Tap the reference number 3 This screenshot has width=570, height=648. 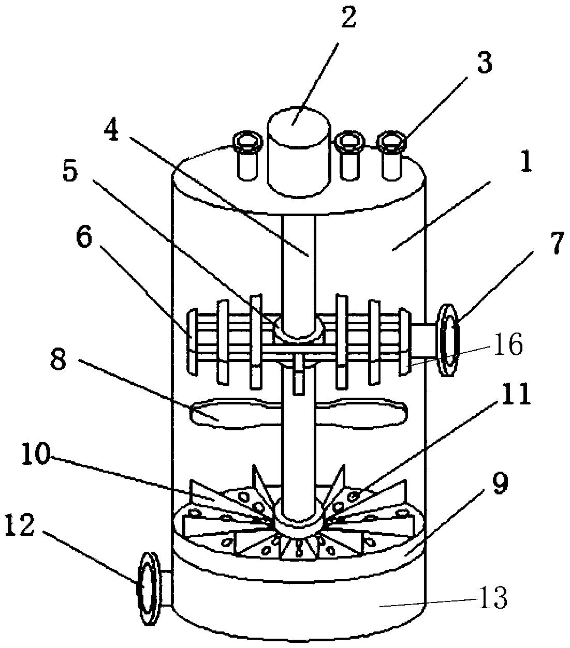484,64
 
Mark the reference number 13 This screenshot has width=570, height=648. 493,597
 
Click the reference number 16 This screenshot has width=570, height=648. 508,345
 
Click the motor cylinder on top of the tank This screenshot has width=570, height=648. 298,152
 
